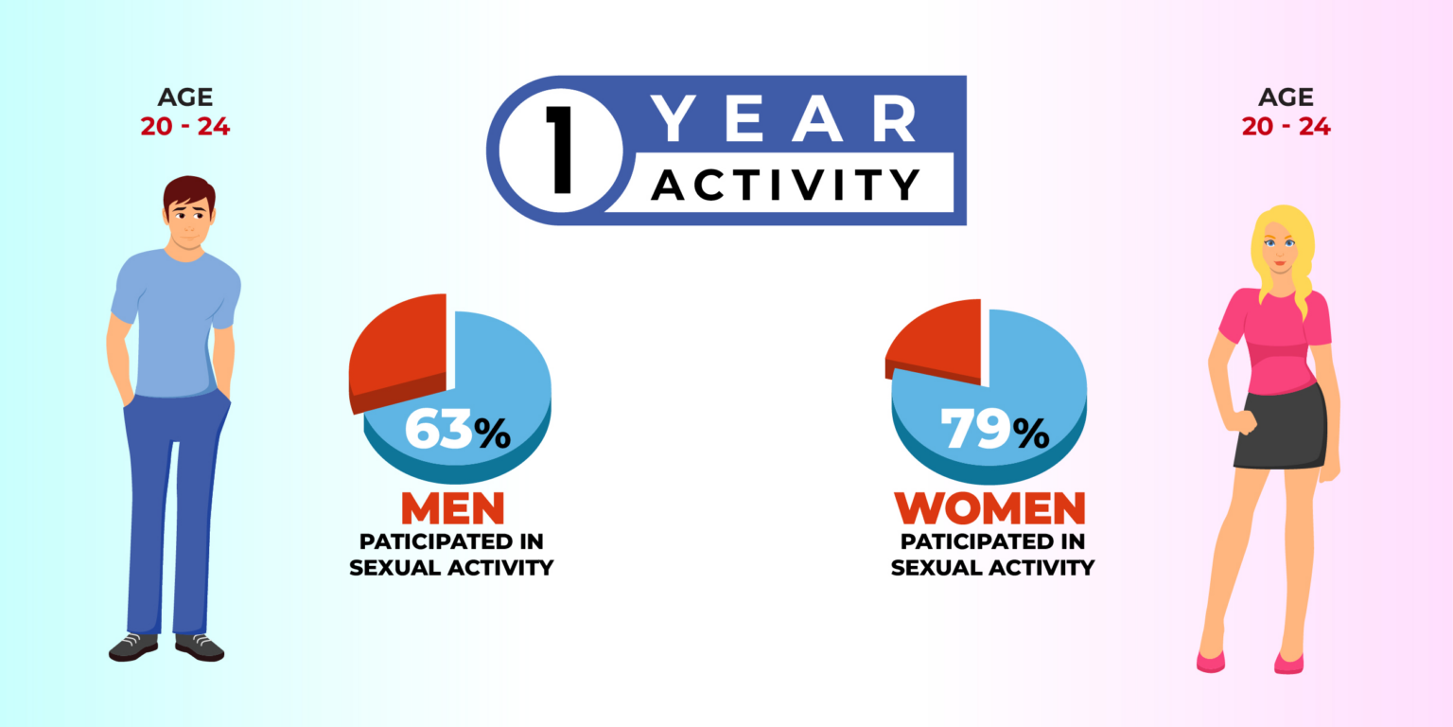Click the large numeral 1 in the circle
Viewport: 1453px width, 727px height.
click(x=560, y=150)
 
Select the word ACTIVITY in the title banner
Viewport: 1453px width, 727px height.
click(x=785, y=185)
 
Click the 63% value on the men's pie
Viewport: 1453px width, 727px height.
click(x=457, y=429)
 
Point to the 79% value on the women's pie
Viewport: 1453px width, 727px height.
click(x=994, y=429)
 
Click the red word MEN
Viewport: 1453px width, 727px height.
click(x=453, y=507)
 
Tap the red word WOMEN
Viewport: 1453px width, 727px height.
click(x=989, y=507)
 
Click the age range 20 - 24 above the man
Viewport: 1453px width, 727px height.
click(x=184, y=126)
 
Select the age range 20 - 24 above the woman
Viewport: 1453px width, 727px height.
click(x=1286, y=126)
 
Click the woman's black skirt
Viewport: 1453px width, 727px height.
click(x=1280, y=429)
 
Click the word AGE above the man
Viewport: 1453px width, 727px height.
click(x=185, y=98)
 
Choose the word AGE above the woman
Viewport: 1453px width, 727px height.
click(x=1287, y=98)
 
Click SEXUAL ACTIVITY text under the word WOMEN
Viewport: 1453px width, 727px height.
click(x=992, y=567)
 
